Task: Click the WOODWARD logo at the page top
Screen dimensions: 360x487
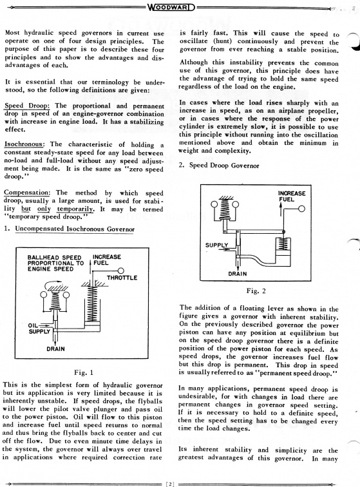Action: (171, 7)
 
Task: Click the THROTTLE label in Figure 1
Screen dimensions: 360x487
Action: (122, 278)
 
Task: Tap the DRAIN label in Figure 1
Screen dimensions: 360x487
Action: (55, 349)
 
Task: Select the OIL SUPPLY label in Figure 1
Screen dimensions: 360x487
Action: (39, 329)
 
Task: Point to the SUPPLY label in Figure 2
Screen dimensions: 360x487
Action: (216, 245)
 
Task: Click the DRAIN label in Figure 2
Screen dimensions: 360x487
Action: (237, 274)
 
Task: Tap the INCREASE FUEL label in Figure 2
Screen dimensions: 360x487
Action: (292, 196)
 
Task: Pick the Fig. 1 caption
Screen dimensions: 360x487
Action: (84, 372)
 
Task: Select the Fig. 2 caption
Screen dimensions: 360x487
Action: (256, 291)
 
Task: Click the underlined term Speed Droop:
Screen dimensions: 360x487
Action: (27, 106)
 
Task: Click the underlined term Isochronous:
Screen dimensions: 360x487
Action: (24, 144)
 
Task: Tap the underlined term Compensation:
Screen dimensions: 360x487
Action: (26, 193)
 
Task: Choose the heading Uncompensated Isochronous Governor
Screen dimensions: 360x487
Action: (75, 229)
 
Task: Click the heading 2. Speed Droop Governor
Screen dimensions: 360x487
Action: (219, 165)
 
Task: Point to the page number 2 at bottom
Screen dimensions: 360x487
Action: (170, 484)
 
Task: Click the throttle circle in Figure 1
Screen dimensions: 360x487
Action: (121, 271)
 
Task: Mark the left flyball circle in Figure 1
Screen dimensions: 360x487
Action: (44, 295)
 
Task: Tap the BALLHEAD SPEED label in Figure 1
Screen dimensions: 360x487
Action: (54, 258)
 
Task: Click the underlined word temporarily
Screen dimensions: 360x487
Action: (75, 209)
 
